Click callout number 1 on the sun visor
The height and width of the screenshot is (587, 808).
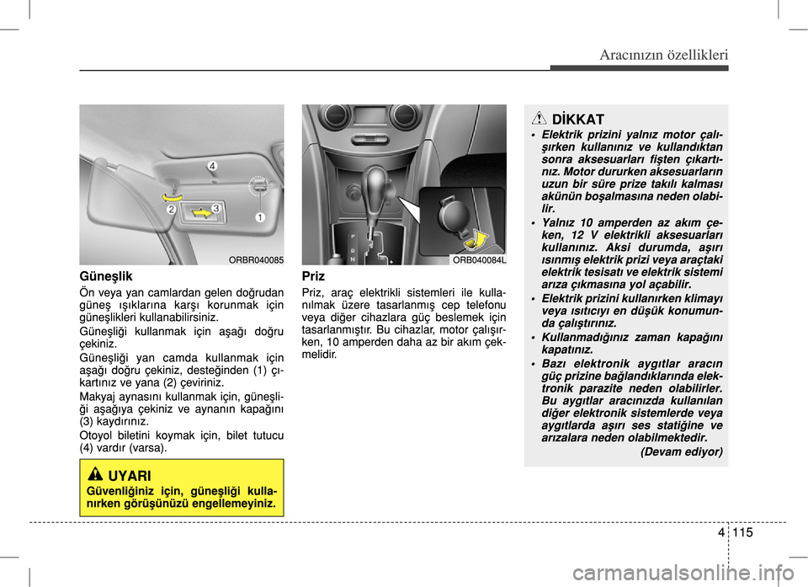click(260, 217)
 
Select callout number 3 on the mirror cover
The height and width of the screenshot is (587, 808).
click(216, 207)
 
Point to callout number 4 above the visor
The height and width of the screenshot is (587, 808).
click(212, 167)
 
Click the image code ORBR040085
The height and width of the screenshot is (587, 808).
click(256, 260)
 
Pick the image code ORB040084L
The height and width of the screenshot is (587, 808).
click(479, 260)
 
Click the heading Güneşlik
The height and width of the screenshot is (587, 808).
click(107, 276)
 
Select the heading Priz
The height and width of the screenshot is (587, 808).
click(313, 276)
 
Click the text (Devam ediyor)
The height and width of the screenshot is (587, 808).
click(681, 451)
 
